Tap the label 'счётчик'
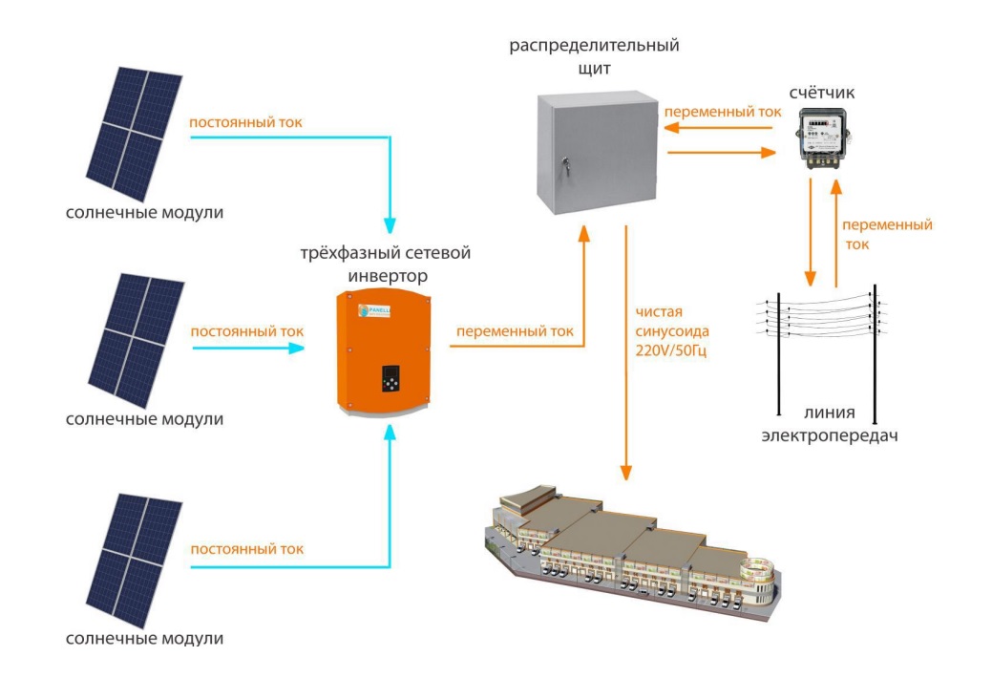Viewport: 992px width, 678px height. pos(823,93)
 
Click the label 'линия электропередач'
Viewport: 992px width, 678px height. pos(830,425)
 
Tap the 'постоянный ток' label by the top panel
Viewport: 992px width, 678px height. pos(246,123)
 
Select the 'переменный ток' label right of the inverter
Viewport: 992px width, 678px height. pos(515,332)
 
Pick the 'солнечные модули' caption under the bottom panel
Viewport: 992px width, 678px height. pos(144,637)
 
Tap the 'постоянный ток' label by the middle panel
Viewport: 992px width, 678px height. pos(247,331)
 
